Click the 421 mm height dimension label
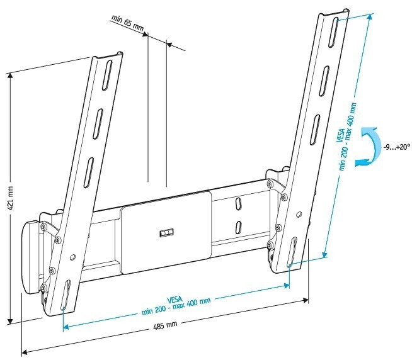[x=11, y=198]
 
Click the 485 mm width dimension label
[x=165, y=325]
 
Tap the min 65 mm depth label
[x=128, y=23]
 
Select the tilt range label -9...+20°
[x=396, y=147]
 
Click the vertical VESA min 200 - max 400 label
[x=346, y=137]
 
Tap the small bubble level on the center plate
[x=166, y=233]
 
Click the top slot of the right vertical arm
[x=334, y=32]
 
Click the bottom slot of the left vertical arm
[x=66, y=295]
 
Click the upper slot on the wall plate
[x=238, y=204]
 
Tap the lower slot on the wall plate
[x=238, y=227]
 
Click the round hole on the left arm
[x=73, y=257]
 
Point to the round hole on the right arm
[x=299, y=214]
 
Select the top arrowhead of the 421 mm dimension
[x=10, y=76]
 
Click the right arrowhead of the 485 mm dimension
[x=306, y=300]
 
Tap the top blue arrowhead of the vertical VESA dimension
[x=369, y=17]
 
